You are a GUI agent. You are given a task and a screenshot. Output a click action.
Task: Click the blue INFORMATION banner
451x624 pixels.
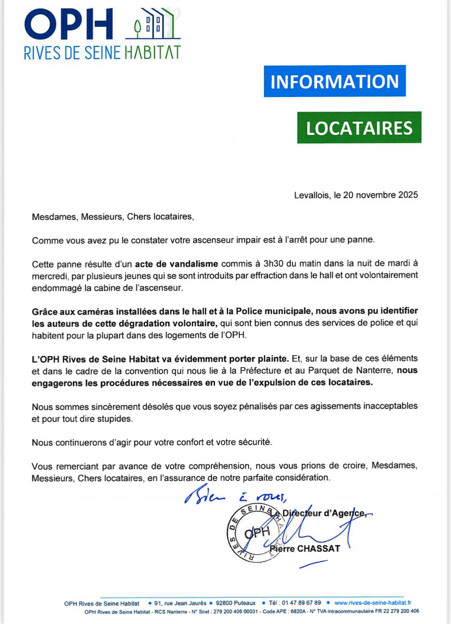pos(335,81)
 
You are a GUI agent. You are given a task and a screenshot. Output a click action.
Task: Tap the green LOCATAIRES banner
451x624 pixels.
pos(359,127)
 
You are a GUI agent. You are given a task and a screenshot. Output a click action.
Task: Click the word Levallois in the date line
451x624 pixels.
pos(311,195)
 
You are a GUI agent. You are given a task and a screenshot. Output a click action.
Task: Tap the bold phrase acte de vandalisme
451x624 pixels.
pos(176,264)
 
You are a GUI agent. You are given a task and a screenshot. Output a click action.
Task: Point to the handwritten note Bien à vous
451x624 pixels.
pos(235,497)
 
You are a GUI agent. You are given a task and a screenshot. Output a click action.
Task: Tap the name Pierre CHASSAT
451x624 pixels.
pos(305,549)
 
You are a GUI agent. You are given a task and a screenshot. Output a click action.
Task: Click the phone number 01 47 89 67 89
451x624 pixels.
pos(301,603)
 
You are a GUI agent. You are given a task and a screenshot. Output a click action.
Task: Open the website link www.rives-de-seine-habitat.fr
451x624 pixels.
pos(373,603)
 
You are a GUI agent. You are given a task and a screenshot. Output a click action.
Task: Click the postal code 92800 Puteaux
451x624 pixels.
pos(236,603)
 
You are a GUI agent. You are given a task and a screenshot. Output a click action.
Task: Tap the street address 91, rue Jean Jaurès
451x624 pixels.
pos(180,603)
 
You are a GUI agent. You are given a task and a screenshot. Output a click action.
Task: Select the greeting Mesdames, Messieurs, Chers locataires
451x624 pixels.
pos(113,217)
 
